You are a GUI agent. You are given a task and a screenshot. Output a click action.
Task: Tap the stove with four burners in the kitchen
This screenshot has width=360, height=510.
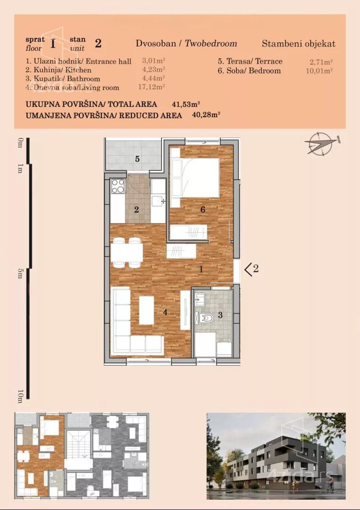(118, 187)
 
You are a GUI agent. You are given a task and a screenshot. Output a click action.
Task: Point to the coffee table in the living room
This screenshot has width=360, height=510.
(146, 310)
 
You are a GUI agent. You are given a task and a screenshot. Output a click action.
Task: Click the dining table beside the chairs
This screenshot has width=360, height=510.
(127, 253)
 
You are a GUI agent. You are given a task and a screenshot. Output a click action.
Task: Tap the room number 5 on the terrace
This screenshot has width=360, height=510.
(137, 159)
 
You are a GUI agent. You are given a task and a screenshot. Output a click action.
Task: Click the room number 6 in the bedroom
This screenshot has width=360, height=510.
(203, 210)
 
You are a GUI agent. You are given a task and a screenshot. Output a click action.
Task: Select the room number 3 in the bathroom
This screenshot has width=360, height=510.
(220, 315)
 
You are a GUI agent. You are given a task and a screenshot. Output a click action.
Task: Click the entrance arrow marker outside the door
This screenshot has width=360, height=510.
(249, 270)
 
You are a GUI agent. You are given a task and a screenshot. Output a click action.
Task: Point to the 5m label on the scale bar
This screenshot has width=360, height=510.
(20, 273)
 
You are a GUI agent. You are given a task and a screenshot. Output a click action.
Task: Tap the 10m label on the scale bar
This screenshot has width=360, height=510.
(20, 396)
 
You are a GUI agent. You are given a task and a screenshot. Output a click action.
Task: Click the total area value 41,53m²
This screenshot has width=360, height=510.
(186, 104)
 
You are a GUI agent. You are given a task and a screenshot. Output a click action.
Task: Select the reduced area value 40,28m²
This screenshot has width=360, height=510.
(206, 114)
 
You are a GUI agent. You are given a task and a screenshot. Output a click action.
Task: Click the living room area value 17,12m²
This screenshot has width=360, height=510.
(151, 87)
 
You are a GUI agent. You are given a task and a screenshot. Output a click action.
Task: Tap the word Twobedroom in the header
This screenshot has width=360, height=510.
(211, 43)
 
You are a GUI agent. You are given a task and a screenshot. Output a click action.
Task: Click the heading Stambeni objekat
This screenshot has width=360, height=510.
(299, 44)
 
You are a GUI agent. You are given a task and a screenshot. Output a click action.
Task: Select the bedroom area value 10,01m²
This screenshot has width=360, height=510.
(319, 71)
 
